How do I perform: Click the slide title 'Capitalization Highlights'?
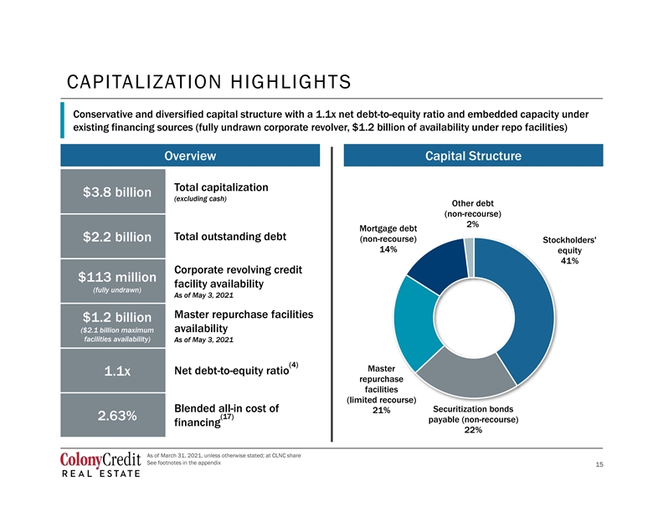[x=209, y=82]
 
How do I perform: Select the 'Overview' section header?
[x=190, y=156]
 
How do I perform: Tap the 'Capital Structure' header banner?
[x=473, y=156]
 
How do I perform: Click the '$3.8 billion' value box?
[x=113, y=192]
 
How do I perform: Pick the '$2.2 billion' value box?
[x=113, y=237]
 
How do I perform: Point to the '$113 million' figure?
[x=117, y=277]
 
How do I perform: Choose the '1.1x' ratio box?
[x=113, y=371]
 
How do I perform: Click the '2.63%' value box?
[x=113, y=415]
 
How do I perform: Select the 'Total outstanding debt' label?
[x=230, y=237]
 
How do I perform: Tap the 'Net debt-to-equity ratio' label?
[x=232, y=371]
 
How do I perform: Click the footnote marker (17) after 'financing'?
[x=227, y=417]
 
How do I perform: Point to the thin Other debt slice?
[x=469, y=258]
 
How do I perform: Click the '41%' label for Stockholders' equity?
[x=569, y=261]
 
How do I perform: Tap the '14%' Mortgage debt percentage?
[x=388, y=249]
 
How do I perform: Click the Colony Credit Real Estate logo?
[x=100, y=464]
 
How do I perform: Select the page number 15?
[x=599, y=464]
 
